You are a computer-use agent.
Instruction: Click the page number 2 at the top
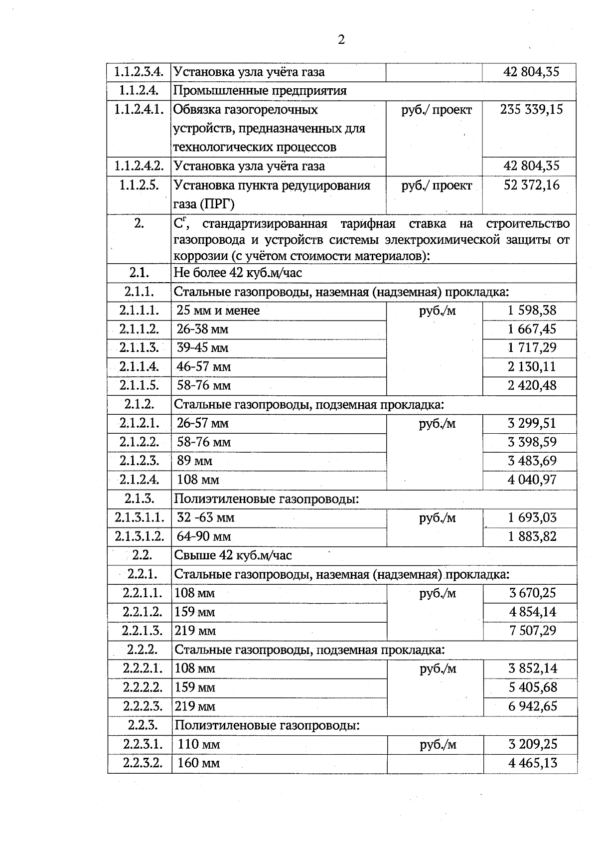(341, 40)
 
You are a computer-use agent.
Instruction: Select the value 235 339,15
(531, 110)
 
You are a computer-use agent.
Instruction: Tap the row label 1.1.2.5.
(139, 185)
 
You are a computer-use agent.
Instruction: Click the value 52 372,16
(531, 185)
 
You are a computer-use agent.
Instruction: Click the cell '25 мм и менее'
(218, 311)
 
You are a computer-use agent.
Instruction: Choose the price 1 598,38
(532, 311)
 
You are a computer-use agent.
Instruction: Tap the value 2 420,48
(532, 385)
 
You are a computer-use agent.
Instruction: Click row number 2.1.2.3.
(139, 461)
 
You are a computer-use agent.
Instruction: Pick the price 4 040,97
(532, 480)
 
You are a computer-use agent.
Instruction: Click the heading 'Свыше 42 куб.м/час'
(233, 555)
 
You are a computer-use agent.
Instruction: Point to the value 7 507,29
(532, 631)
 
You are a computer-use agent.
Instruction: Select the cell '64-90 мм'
(204, 537)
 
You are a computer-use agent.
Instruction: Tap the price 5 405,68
(532, 687)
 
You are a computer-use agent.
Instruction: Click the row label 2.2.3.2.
(143, 763)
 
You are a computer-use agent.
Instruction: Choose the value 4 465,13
(532, 763)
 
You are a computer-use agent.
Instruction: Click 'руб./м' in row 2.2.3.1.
(438, 744)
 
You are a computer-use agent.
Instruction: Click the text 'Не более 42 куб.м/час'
(238, 273)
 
